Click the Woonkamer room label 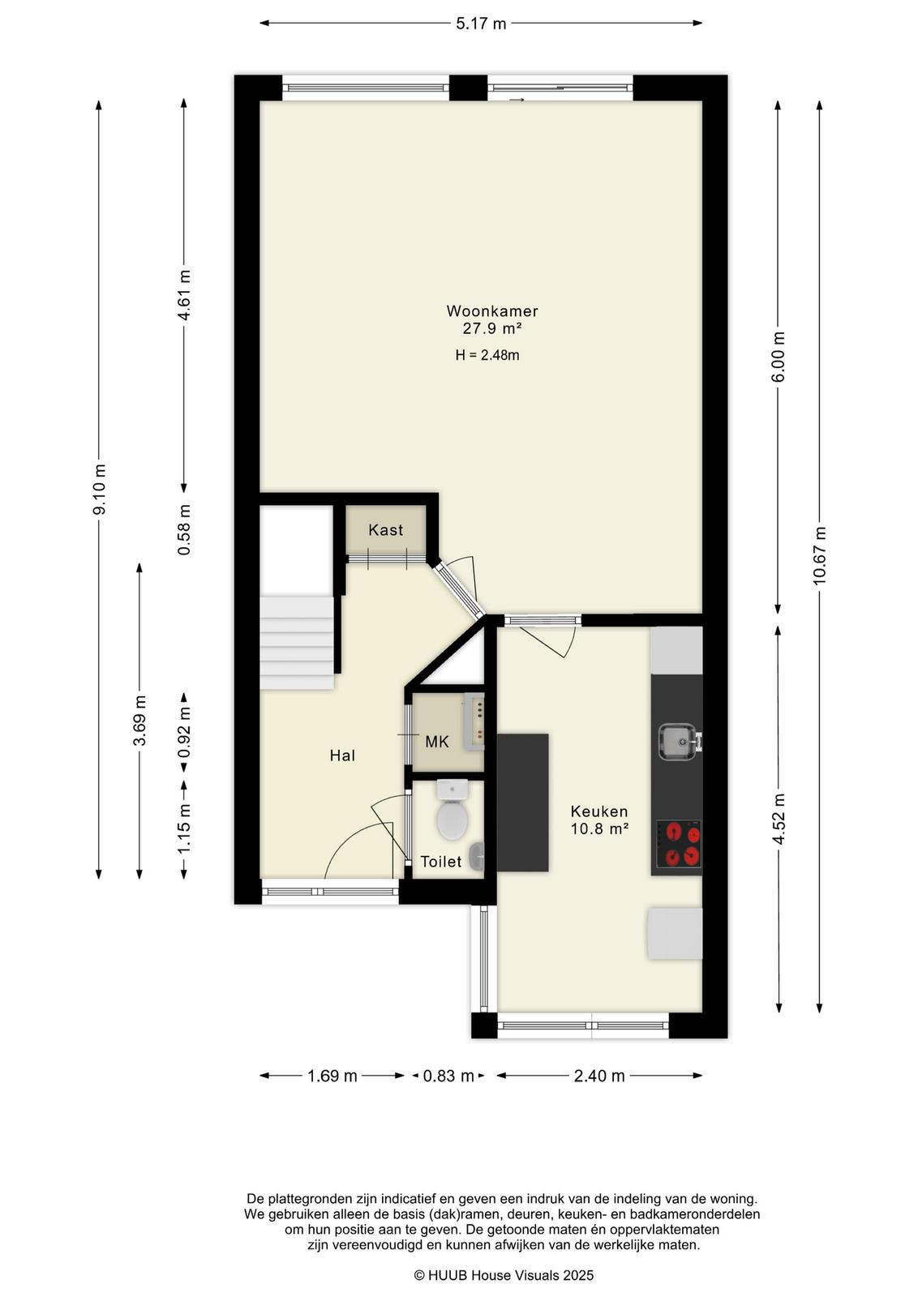(491, 311)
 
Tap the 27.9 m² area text (491, 329)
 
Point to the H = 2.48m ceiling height (487, 355)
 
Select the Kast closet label (386, 530)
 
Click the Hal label (342, 756)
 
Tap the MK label (437, 742)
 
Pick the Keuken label (598, 811)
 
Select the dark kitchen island (523, 803)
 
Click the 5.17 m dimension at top (481, 24)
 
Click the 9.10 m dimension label (99, 490)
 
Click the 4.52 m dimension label (779, 819)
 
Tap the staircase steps (297, 642)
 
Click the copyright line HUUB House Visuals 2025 (504, 1275)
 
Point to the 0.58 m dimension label (184, 529)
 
